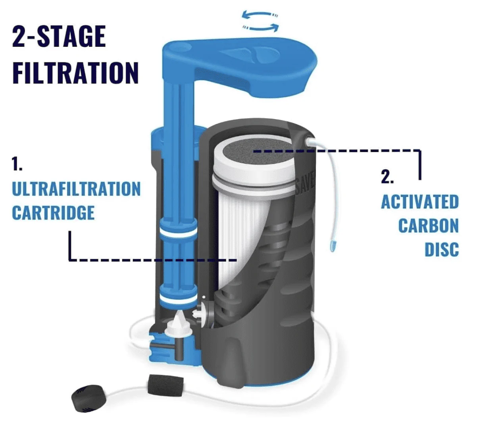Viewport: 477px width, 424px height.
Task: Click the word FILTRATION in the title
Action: [x=75, y=72]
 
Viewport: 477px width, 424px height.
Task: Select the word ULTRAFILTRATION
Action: [x=76, y=189]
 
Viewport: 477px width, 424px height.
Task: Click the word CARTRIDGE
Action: [x=53, y=213]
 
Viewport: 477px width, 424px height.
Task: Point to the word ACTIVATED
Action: [x=419, y=202]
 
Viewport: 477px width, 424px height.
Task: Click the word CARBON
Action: [x=428, y=226]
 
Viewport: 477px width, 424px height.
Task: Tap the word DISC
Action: [x=441, y=250]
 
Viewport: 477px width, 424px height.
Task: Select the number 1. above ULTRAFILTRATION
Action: [x=16, y=164]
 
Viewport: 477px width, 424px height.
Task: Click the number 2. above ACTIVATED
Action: [x=387, y=177]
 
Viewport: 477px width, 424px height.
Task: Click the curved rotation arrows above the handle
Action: [x=261, y=21]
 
